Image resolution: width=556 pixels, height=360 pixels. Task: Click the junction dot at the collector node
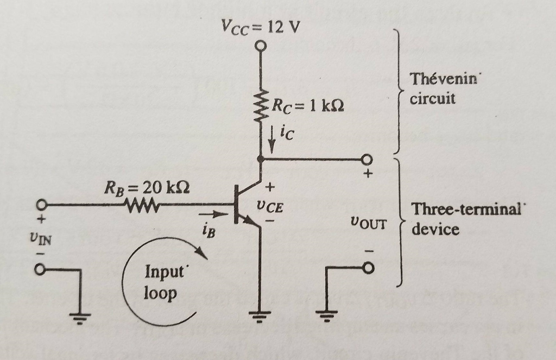[261, 159]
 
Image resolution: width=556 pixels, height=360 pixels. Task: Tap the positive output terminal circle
[368, 159]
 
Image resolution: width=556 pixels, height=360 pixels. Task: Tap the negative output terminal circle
[369, 268]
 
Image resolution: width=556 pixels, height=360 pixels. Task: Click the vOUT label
[368, 223]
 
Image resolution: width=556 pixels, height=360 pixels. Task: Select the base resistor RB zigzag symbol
[142, 206]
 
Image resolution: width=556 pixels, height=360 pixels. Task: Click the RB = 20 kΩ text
[147, 188]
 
